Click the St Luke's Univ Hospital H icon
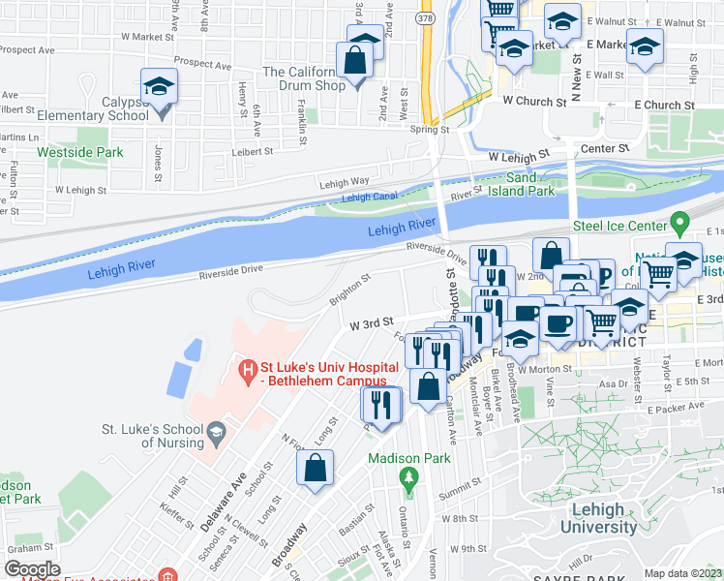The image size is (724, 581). click(x=248, y=369)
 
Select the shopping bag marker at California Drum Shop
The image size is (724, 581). click(x=356, y=62)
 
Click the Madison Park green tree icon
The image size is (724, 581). click(x=409, y=476)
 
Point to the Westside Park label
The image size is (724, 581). click(x=80, y=152)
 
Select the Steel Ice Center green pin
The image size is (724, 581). click(x=681, y=226)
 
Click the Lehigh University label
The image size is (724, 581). click(x=579, y=519)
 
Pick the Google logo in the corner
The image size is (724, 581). click(x=33, y=569)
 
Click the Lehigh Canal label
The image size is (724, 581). click(x=369, y=198)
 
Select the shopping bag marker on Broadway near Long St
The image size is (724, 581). click(x=316, y=470)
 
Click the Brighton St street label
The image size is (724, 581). click(x=350, y=289)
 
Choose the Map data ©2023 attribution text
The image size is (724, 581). click(x=683, y=573)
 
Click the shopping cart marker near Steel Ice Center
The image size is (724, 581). click(x=658, y=274)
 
